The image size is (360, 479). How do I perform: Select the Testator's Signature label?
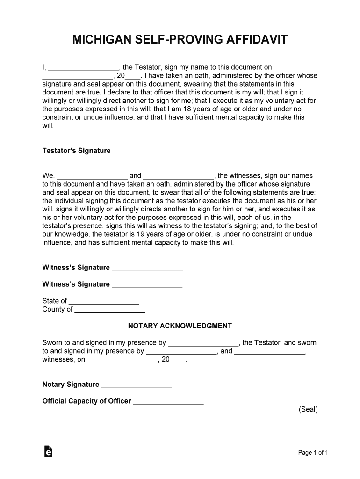tap(76, 151)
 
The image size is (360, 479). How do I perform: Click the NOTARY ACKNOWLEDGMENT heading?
tap(180, 326)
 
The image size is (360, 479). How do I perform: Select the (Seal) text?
tap(308, 409)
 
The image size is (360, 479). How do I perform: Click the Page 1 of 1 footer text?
tap(313, 453)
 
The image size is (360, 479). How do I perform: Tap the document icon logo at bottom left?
tap(48, 451)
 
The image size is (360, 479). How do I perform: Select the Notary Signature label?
tap(71, 385)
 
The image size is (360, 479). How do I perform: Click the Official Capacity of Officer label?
tap(86, 401)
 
